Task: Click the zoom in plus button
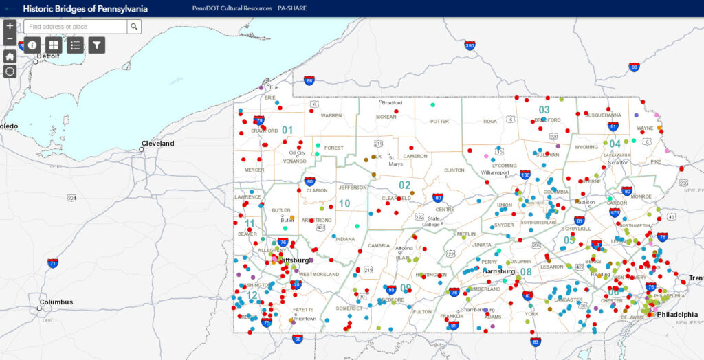pyautogui.click(x=10, y=26)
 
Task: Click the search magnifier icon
pyautogui.click(x=134, y=27)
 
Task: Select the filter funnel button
pyautogui.click(x=97, y=45)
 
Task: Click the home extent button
pyautogui.click(x=10, y=56)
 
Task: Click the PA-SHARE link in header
pyautogui.click(x=292, y=8)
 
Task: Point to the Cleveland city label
pyautogui.click(x=158, y=144)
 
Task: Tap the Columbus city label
pyautogui.click(x=56, y=302)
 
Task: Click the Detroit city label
pyautogui.click(x=49, y=56)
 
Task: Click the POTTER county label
pyautogui.click(x=439, y=121)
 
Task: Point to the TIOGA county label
pyautogui.click(x=489, y=121)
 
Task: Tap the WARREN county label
pyautogui.click(x=331, y=115)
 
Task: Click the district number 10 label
pyautogui.click(x=344, y=203)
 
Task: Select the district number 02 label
pyautogui.click(x=404, y=185)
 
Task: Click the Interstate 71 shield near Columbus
pyautogui.click(x=53, y=262)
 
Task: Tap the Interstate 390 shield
pyautogui.click(x=470, y=46)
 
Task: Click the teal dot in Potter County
pyautogui.click(x=432, y=105)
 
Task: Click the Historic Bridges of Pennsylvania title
pyautogui.click(x=85, y=8)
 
